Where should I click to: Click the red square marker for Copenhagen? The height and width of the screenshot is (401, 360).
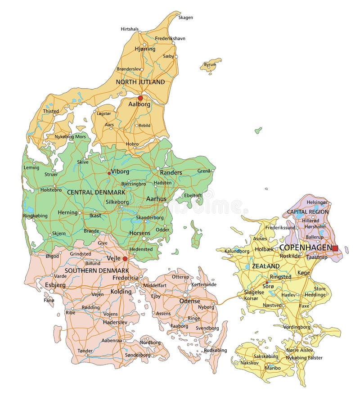[x=335, y=248]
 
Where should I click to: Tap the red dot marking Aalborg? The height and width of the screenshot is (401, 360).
[x=140, y=98]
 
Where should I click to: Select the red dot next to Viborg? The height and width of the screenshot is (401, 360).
[x=108, y=173]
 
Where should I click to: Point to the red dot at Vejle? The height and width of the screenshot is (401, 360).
[x=125, y=259]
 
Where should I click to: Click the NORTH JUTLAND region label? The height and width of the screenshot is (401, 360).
[x=140, y=82]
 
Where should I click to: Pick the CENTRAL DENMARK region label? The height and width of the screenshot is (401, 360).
[x=96, y=192]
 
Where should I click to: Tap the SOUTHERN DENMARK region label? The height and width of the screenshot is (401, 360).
[x=97, y=270]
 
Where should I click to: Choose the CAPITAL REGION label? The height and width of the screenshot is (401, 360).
[x=308, y=212]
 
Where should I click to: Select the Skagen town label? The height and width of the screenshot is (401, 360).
[x=185, y=18]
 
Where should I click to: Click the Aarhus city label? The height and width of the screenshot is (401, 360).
[x=156, y=198]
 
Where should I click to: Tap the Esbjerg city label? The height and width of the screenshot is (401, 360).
[x=54, y=284]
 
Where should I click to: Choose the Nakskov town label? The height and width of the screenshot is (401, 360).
[x=249, y=362]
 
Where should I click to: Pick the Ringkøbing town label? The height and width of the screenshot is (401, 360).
[x=35, y=216]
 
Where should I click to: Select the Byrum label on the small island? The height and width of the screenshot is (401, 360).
[x=210, y=65]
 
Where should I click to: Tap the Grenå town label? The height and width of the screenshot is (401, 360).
[x=203, y=171]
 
